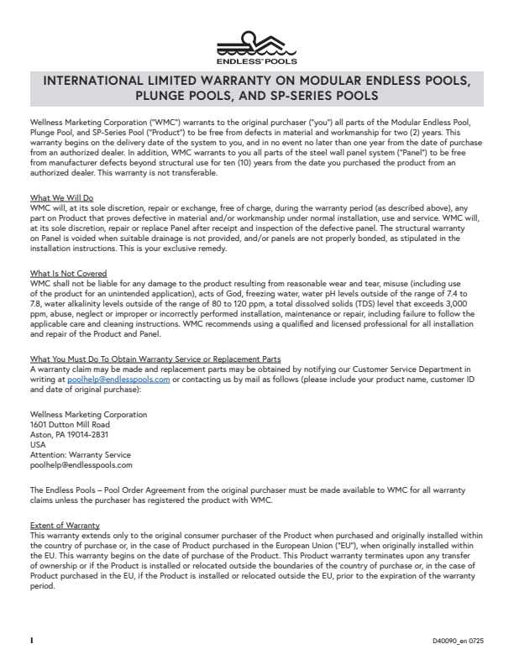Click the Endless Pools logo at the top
(256, 48)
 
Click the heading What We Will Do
(58, 197)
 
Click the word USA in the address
(37, 445)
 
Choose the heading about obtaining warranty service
(155, 359)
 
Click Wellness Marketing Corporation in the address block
(88, 415)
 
